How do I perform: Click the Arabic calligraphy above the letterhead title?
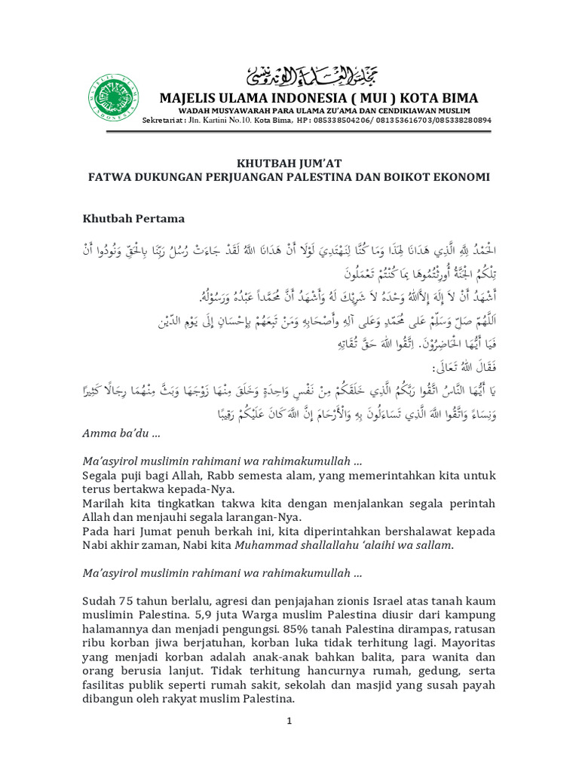(x=312, y=76)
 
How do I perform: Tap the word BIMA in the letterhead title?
(x=460, y=99)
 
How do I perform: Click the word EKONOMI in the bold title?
(x=461, y=177)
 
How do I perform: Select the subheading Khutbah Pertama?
(x=133, y=219)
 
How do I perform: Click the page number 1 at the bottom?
(x=289, y=721)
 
